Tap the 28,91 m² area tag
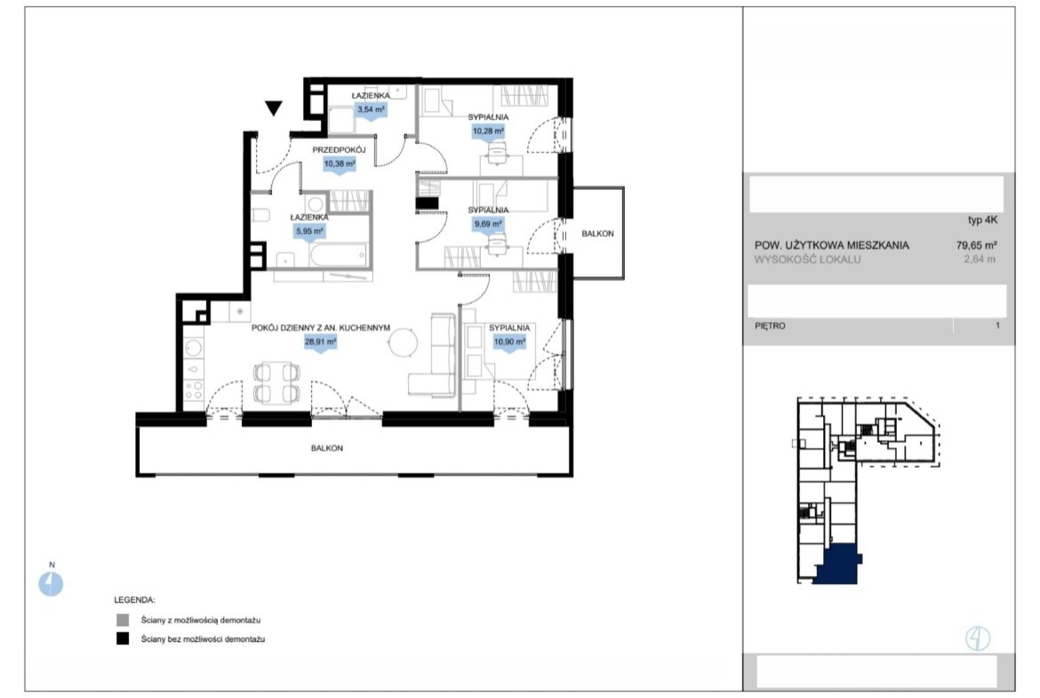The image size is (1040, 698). point(320,343)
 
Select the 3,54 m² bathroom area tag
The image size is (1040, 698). point(371,110)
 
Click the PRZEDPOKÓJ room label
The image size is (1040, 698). point(339,150)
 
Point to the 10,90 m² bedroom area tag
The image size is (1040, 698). point(509,343)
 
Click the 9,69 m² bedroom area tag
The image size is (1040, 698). point(488,225)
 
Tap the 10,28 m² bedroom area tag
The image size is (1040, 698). point(488,132)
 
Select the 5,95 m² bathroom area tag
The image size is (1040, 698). point(309,232)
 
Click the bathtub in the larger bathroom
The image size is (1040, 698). point(338,255)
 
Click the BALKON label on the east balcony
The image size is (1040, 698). point(597,234)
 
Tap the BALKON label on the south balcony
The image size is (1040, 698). point(327,448)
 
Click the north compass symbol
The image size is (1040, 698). point(51,584)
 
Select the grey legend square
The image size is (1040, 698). point(123,621)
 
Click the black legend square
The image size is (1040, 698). point(123,639)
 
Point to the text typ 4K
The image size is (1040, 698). point(982,221)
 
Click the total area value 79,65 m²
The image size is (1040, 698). point(976,245)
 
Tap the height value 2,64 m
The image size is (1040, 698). point(980,260)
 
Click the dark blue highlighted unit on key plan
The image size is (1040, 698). point(837,565)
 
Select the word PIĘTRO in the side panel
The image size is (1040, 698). point(770,325)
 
